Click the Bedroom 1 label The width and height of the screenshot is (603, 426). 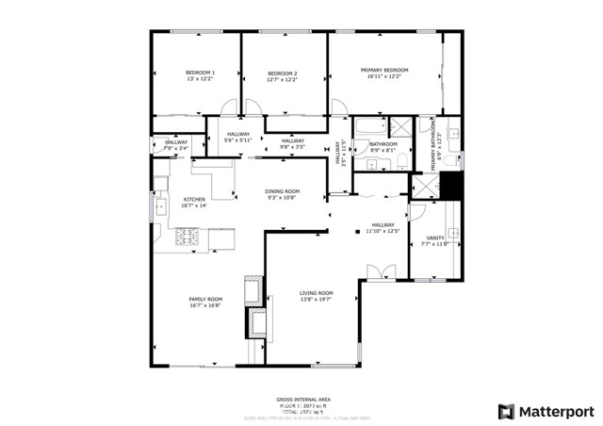tap(200, 74)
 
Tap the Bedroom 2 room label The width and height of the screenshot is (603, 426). tap(282, 74)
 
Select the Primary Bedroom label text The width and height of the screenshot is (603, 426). tap(383, 70)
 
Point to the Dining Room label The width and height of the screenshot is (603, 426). tap(282, 191)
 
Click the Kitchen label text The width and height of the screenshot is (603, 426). tap(194, 199)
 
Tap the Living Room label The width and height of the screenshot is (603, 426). tap(317, 293)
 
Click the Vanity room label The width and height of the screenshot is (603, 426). tap(435, 238)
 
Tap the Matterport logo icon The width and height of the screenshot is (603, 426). tap(507, 411)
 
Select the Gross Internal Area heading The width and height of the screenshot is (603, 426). tap(301, 400)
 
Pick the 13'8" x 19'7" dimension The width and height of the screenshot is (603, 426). tap(317, 300)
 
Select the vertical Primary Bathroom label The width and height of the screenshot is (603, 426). tap(435, 147)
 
